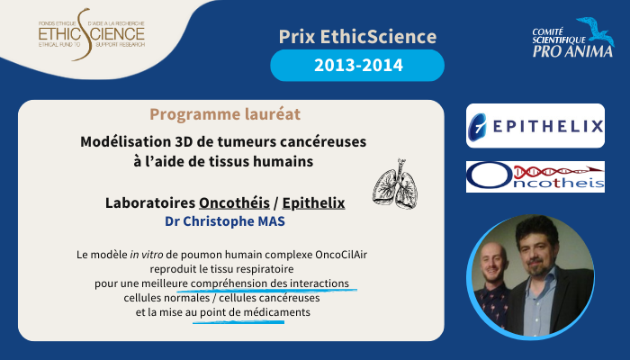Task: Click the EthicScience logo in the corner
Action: pos(92,34)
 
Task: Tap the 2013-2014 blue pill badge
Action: pos(357,66)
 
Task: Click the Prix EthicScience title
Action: pos(357,37)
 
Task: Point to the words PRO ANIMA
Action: pos(572,51)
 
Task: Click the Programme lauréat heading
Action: pos(225,114)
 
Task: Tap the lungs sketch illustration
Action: pos(395,184)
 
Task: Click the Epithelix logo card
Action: pos(535,126)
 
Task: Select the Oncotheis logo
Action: pos(535,176)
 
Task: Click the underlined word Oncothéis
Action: pos(234,202)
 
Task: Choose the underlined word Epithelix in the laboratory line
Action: pos(313,202)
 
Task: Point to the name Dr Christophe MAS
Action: pos(225,221)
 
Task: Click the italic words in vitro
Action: pos(146,255)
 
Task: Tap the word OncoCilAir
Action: pos(341,255)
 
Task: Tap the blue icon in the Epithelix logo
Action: pos(478,126)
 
